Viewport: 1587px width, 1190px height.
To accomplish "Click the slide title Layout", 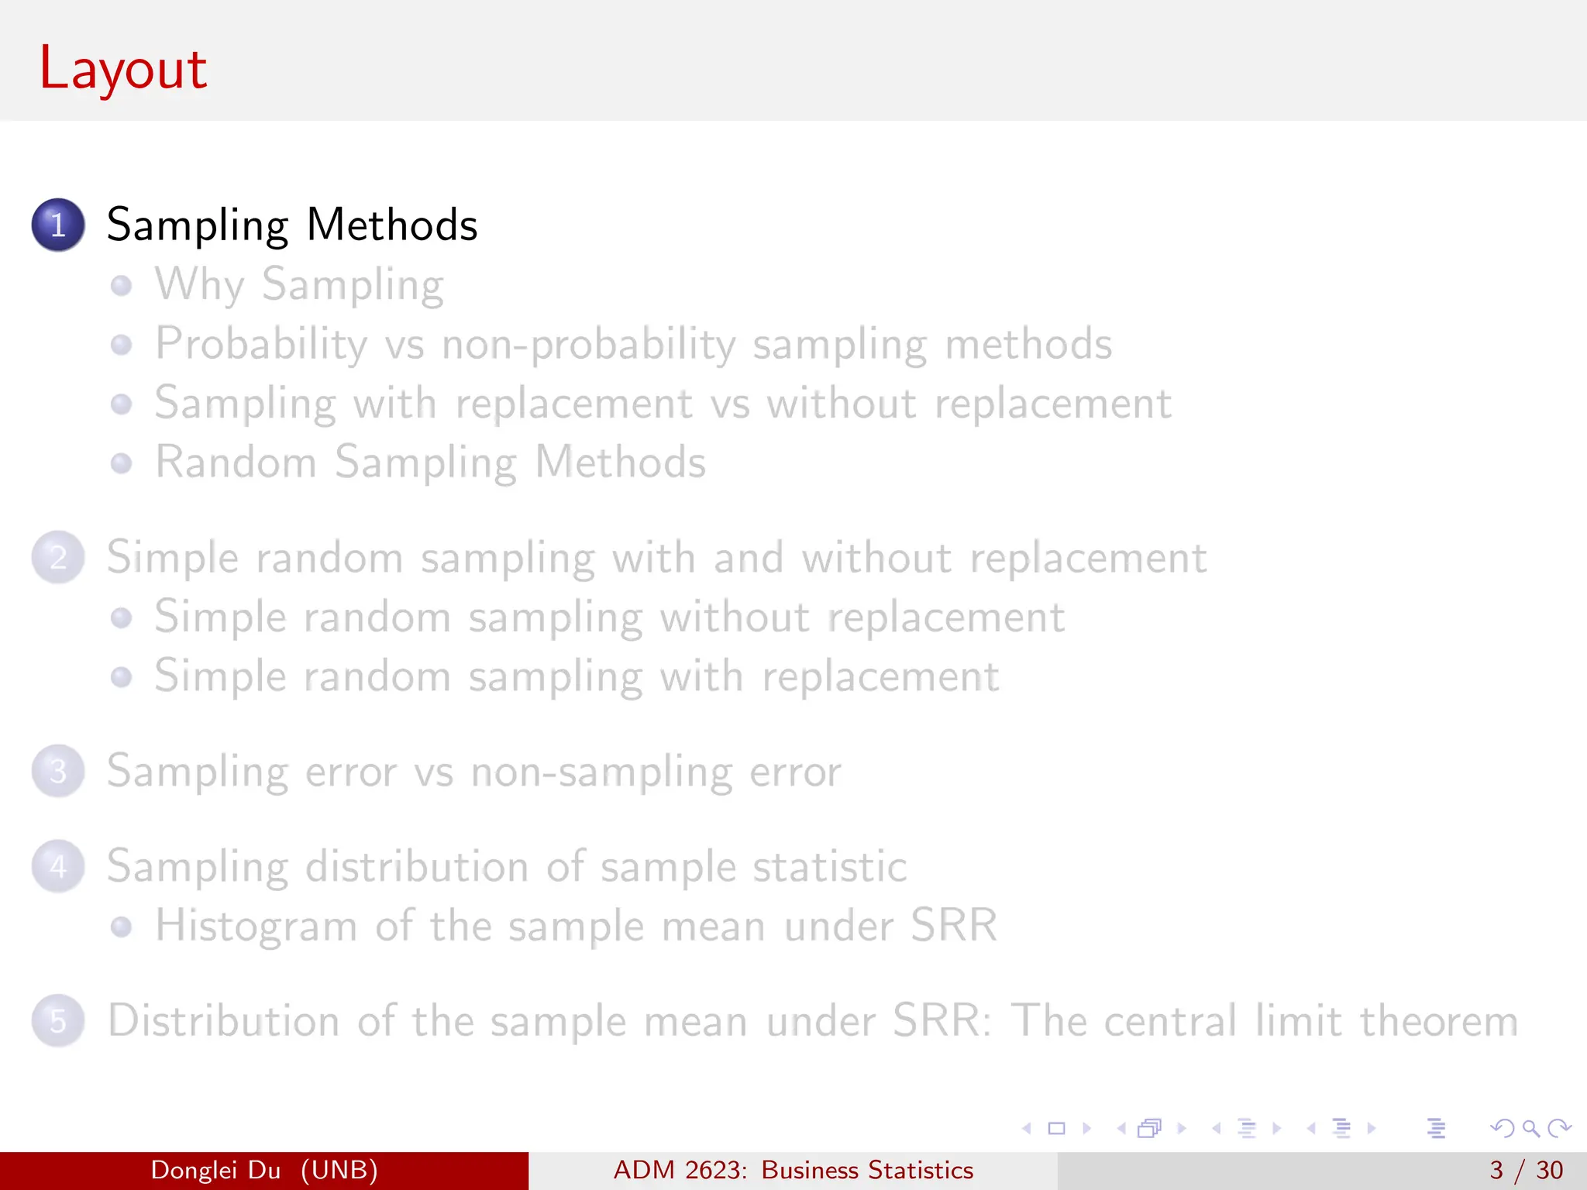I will click(122, 68).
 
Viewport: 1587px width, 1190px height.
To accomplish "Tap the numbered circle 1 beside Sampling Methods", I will click(58, 225).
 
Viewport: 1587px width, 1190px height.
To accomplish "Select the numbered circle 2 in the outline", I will click(58, 557).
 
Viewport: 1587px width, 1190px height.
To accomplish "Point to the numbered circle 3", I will click(58, 771).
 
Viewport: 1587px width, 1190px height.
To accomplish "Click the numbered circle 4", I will click(58, 866).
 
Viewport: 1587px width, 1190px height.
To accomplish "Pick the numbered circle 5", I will click(58, 1020).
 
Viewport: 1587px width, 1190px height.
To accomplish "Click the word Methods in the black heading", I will click(392, 225).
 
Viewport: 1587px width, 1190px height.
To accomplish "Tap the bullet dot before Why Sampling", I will click(121, 285).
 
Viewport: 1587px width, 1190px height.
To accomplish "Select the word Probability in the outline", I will click(261, 344).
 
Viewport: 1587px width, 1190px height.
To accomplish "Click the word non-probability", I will click(588, 344).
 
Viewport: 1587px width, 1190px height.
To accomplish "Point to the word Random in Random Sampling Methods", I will click(236, 463).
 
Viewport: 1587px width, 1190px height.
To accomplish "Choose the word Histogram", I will click(256, 926).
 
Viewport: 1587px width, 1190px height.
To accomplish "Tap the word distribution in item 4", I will click(417, 866).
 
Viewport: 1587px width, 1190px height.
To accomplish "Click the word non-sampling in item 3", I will click(601, 772).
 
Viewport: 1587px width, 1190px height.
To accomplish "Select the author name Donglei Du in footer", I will click(215, 1170).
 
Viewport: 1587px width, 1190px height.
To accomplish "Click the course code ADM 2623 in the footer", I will click(680, 1170).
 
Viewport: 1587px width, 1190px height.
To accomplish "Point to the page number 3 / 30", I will click(1526, 1170).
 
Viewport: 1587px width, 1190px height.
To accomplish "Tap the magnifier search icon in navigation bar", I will click(1530, 1128).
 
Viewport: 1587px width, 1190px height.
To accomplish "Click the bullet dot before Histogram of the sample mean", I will click(121, 927).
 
